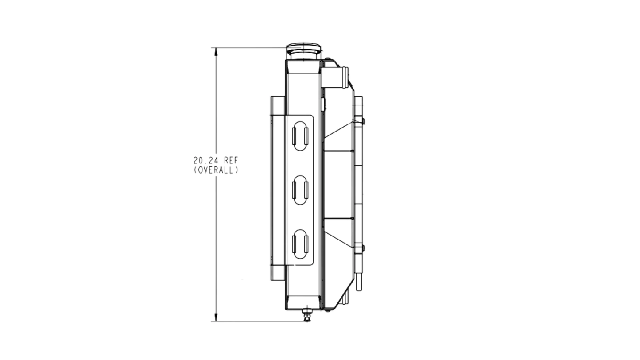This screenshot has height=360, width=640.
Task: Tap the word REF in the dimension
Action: [x=231, y=160]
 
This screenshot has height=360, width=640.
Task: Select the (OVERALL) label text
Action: [x=216, y=170]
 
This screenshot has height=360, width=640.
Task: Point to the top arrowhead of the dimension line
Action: [x=216, y=52]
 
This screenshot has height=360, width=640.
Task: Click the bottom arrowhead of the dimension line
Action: [x=216, y=317]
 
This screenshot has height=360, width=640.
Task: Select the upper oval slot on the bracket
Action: [x=300, y=136]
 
